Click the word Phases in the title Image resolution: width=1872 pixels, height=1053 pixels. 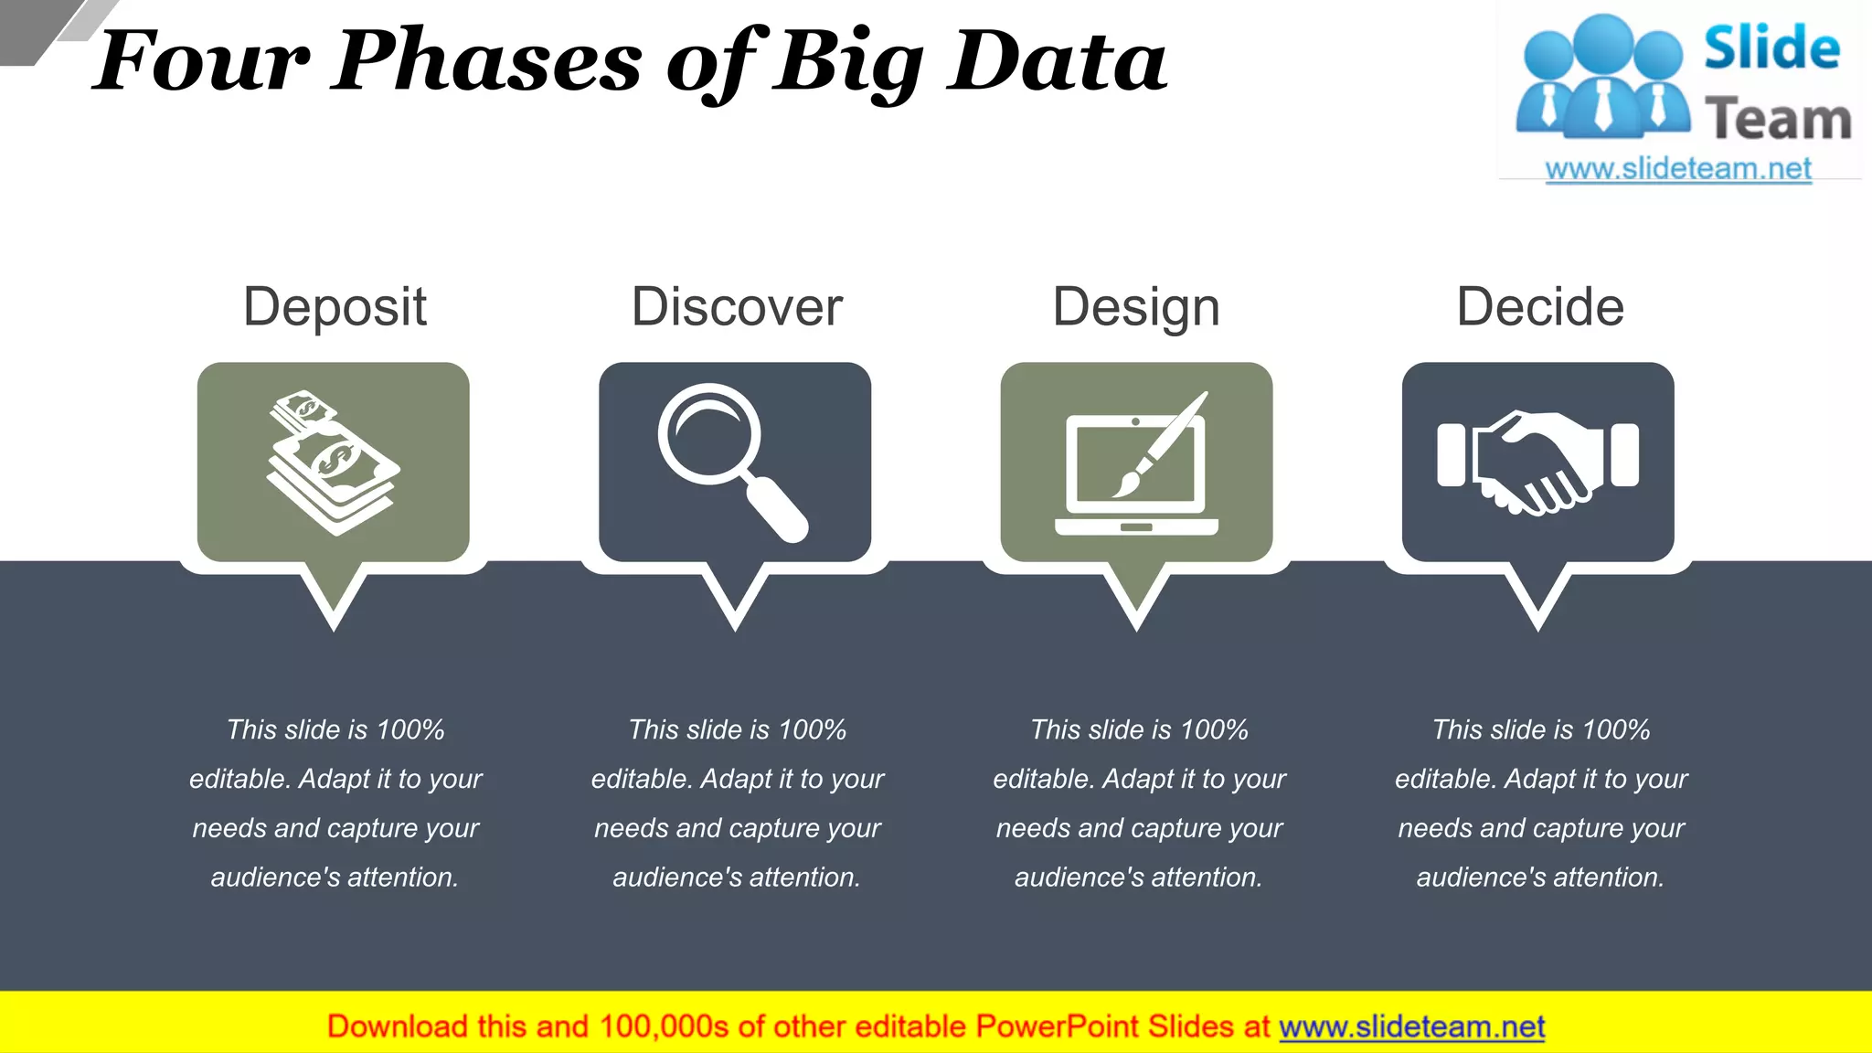[x=488, y=62]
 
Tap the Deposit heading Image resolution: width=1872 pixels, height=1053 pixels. [x=335, y=306]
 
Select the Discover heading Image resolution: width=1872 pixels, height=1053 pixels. [x=737, y=306]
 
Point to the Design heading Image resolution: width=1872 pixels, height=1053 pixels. [x=1136, y=306]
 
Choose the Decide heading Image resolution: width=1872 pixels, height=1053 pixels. [x=1540, y=306]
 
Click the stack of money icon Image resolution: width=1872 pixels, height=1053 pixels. [x=334, y=463]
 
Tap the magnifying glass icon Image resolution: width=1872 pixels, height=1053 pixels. [x=731, y=461]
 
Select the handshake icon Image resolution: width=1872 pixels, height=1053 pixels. [x=1538, y=462]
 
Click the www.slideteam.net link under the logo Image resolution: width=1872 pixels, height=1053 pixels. [x=1678, y=169]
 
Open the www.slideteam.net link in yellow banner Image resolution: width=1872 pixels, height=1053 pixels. [x=1411, y=1026]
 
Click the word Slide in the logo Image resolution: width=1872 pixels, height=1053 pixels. [x=1771, y=48]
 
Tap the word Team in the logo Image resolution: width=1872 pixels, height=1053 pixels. [x=1778, y=119]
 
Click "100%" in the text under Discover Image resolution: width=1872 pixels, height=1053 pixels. [x=812, y=729]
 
